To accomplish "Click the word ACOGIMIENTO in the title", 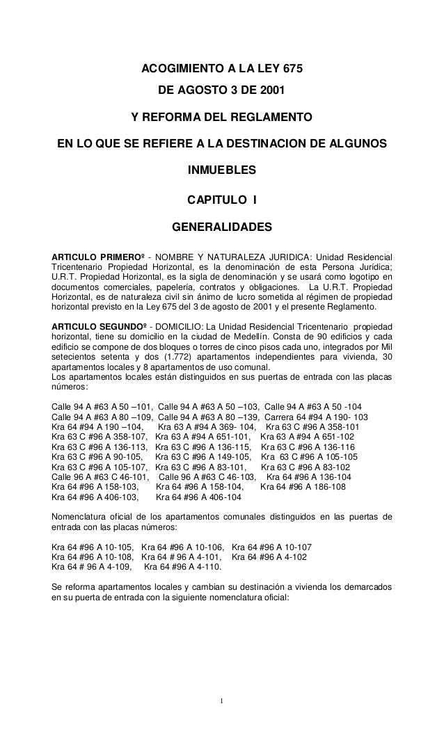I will (x=177, y=70).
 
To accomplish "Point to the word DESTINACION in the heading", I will (x=278, y=145).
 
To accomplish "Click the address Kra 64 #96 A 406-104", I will (x=198, y=497).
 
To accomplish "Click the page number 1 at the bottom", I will (x=221, y=699).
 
